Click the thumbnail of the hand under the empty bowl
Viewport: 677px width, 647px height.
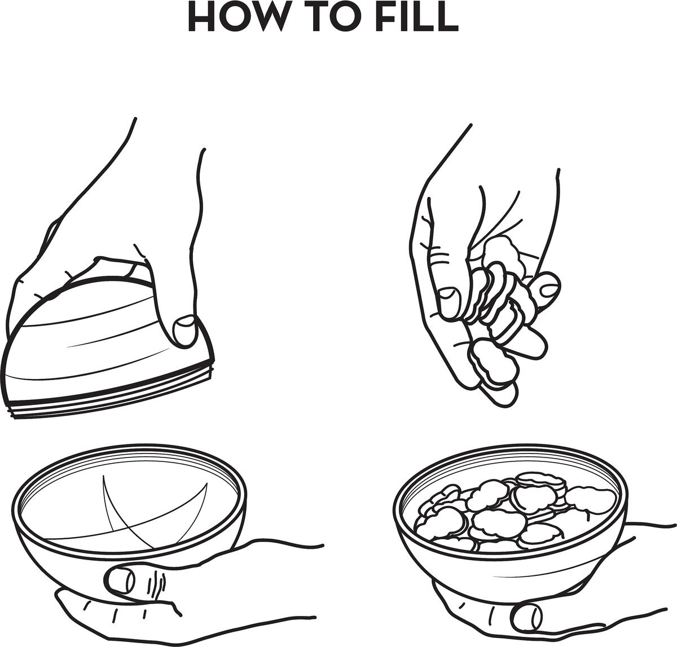tap(120, 580)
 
